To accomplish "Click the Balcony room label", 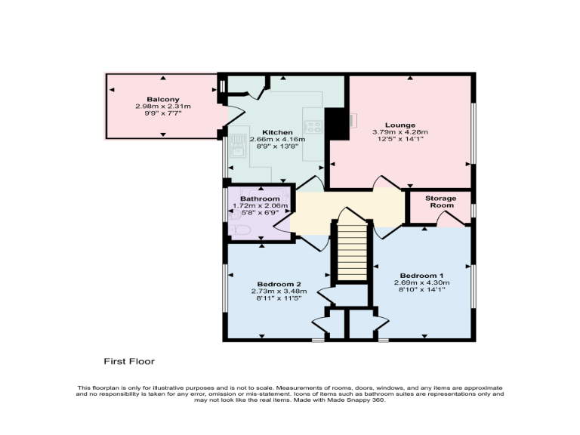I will click(163, 100).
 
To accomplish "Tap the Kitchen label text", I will click(277, 132).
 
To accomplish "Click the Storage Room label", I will click(442, 202).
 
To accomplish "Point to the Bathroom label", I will click(259, 199).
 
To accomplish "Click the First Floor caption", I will click(129, 362).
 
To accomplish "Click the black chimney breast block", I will click(335, 123).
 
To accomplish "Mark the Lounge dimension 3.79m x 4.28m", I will click(400, 132).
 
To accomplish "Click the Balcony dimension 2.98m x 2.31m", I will click(163, 106).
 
